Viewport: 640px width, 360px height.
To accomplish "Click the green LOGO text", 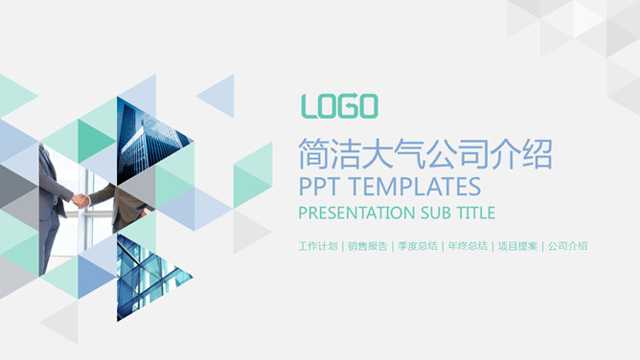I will [x=339, y=105].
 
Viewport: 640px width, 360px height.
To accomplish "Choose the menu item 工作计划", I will [x=317, y=246].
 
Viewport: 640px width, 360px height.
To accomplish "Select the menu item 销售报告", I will [x=368, y=246].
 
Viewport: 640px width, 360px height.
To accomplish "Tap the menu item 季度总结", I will [x=418, y=246].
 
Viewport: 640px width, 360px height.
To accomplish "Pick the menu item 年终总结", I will [x=468, y=246].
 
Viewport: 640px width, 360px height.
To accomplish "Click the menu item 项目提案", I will [x=517, y=246].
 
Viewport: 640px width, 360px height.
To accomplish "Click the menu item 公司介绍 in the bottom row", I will [x=567, y=246].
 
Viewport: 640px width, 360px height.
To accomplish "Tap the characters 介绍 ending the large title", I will [x=522, y=153].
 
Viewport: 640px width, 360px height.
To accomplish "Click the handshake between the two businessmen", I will [x=82, y=200].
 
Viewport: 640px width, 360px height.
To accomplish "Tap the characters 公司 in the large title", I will [x=459, y=153].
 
